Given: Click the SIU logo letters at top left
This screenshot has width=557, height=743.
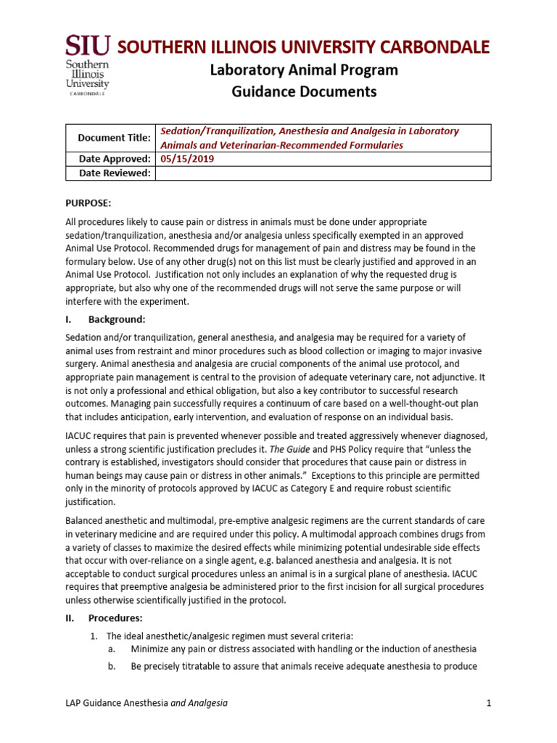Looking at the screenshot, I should click(x=88, y=46).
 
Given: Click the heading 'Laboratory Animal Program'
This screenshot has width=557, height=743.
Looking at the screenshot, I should click(x=304, y=70).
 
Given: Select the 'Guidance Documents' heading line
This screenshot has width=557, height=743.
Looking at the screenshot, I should click(x=304, y=91).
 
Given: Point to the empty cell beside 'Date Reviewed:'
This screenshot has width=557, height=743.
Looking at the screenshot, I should click(x=323, y=173).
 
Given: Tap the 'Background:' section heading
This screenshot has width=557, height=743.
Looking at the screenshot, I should click(x=117, y=319).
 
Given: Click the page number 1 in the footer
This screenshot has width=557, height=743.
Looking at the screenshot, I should click(x=489, y=703).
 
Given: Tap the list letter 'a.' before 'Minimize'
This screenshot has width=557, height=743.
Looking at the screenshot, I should click(x=112, y=649).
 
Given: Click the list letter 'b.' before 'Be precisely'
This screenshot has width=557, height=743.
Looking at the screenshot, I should click(x=112, y=666).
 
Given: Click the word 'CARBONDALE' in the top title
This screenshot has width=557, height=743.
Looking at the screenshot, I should click(x=429, y=47).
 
